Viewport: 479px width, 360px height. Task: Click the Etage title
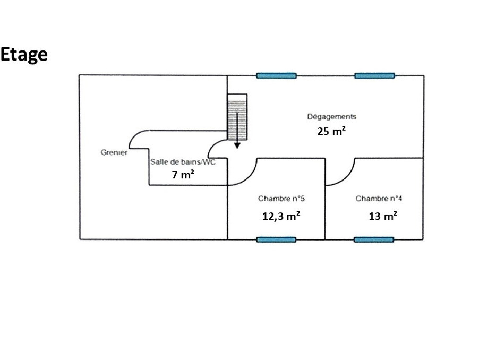[24, 54]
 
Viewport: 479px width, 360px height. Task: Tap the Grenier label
[114, 153]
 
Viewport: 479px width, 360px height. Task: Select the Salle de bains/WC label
[182, 162]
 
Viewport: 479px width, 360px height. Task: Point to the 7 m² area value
[182, 174]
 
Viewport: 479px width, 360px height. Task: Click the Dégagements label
[331, 117]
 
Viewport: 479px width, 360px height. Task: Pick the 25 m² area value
[331, 131]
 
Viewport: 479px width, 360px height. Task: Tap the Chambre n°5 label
[281, 199]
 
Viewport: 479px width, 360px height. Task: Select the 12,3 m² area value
[281, 216]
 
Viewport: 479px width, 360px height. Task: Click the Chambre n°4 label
[379, 199]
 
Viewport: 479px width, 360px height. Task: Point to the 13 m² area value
[383, 216]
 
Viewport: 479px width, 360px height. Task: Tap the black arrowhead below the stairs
[237, 144]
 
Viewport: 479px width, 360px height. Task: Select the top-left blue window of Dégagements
[276, 75]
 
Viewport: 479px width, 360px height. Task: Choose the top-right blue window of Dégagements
[374, 75]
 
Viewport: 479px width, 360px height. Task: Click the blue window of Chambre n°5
[276, 239]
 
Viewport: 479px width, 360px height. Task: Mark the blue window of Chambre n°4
[374, 239]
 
